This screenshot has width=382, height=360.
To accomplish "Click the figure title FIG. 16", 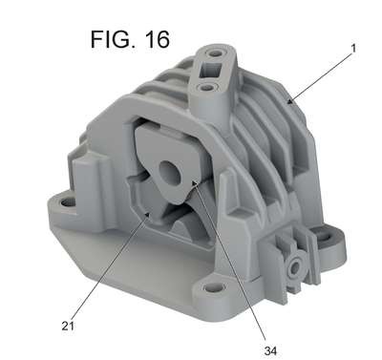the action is point(130,39).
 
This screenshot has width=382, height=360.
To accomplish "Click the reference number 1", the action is point(353,48).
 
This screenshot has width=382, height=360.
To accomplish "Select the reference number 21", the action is point(68,326).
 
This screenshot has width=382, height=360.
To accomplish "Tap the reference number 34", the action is point(270,350).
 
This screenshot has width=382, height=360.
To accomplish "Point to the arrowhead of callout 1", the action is point(289,101).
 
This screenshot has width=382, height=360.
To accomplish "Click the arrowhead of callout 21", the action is point(147,216).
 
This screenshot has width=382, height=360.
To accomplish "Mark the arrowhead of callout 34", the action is point(194,182).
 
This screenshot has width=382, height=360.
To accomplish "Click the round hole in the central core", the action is point(170,172).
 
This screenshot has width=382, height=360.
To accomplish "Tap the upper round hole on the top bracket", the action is point(216,53).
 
